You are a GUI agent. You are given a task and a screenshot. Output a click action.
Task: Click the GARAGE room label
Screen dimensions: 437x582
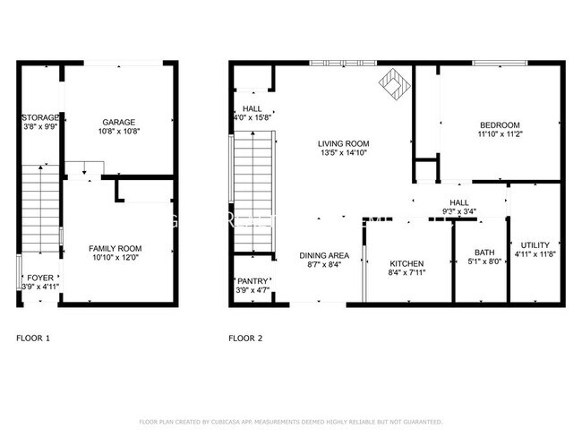click(118, 122)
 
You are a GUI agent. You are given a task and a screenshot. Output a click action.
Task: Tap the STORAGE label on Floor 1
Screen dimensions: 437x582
click(40, 117)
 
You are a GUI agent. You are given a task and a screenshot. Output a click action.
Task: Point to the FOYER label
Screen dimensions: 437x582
click(39, 278)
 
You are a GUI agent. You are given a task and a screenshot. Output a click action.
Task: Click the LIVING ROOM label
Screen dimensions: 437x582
click(343, 143)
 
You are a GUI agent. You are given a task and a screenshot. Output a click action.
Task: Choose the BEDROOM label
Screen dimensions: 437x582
click(499, 124)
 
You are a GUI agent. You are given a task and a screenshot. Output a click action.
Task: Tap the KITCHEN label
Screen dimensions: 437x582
click(407, 263)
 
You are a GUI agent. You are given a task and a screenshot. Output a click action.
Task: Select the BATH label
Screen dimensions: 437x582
click(484, 253)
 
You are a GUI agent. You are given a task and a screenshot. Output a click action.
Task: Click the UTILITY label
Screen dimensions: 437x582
click(535, 244)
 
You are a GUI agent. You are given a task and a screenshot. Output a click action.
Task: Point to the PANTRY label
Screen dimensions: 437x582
click(250, 281)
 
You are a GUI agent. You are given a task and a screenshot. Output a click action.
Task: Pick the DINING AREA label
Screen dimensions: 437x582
click(323, 255)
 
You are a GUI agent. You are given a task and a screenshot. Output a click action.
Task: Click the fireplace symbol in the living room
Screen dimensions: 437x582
click(392, 83)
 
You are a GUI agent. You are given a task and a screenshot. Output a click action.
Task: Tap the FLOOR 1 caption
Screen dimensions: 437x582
click(33, 338)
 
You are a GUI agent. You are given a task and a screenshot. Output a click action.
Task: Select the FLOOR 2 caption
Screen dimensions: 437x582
click(245, 338)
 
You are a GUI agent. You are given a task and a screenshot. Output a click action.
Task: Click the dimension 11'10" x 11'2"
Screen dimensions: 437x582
click(499, 134)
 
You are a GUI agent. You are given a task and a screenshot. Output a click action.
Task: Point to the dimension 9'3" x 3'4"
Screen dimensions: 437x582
click(459, 212)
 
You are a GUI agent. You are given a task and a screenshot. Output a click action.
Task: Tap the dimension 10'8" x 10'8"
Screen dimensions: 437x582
click(118, 132)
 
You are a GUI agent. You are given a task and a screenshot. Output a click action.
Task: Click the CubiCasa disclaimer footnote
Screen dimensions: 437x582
click(290, 421)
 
